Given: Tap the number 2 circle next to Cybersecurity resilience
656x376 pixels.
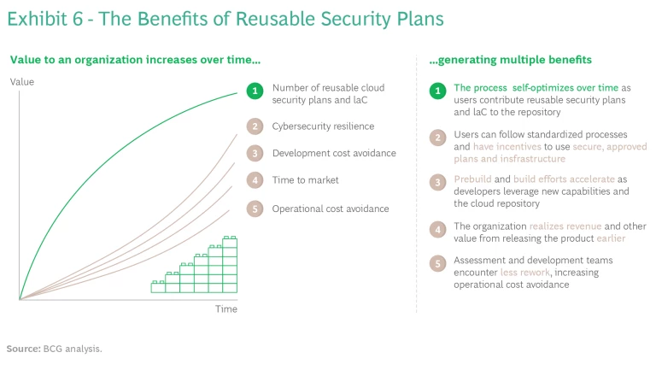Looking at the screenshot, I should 253,126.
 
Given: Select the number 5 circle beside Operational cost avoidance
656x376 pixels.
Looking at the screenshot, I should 253,209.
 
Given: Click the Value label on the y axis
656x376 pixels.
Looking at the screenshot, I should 21,81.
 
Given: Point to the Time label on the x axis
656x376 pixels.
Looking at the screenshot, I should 225,308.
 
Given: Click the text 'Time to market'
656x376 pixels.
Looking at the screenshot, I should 305,180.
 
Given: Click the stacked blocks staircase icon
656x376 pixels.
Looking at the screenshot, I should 194,267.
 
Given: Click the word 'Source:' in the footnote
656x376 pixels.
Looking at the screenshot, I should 24,349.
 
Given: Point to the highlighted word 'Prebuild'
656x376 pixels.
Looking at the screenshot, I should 473,180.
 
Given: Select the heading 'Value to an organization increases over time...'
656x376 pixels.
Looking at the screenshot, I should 135,60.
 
